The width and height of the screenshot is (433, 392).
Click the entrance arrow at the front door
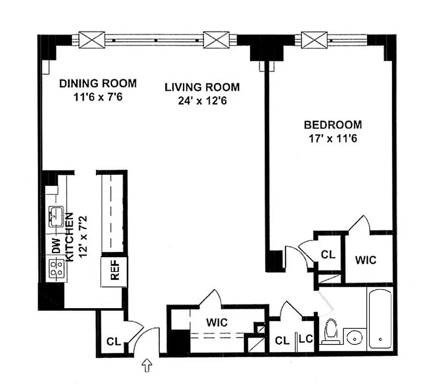click(x=146, y=365)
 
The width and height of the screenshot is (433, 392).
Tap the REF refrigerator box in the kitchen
click(x=114, y=271)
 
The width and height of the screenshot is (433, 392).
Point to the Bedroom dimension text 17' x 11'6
click(x=332, y=138)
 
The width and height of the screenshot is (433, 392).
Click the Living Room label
click(x=202, y=88)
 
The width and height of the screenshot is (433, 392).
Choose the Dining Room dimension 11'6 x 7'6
click(x=97, y=97)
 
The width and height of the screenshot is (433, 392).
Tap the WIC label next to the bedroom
click(x=366, y=260)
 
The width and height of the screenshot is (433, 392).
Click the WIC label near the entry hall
click(x=216, y=323)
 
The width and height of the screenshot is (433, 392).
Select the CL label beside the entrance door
click(x=114, y=341)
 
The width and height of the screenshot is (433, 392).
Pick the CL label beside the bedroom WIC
click(x=328, y=255)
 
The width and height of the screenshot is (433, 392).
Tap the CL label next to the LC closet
click(x=281, y=340)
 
